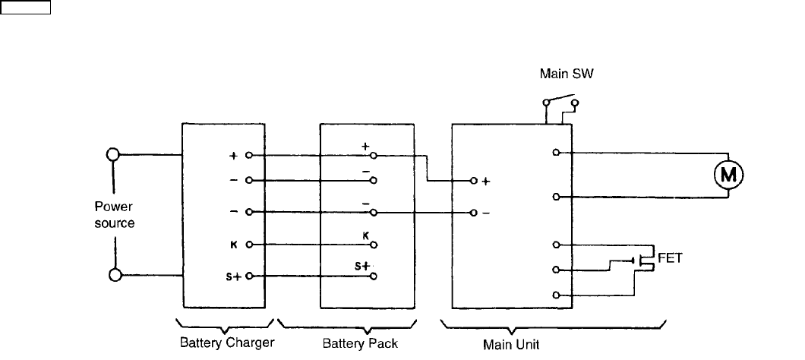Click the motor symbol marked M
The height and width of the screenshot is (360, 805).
(728, 175)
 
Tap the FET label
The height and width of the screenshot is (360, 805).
(669, 257)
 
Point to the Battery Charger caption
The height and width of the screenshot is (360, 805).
(227, 343)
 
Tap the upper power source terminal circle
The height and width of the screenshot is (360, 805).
(113, 155)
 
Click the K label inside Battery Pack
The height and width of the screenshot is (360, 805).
(365, 235)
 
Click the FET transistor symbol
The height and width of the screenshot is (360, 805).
(642, 261)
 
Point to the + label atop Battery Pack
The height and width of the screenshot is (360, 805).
(365, 145)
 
